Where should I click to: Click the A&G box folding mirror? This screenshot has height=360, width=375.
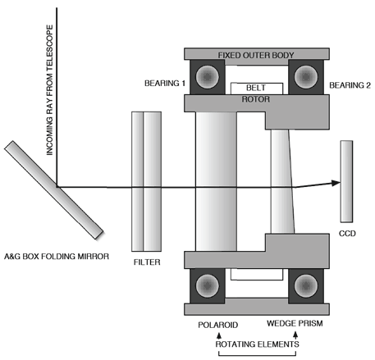pos(53,190)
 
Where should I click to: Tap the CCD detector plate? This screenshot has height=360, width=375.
pos(346,181)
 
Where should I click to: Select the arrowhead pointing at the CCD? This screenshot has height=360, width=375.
pos(336,183)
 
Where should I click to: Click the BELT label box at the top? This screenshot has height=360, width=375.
pos(257,89)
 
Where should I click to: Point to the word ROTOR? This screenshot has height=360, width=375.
pos(256,99)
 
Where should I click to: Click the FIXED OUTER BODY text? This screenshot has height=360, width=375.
pos(256,55)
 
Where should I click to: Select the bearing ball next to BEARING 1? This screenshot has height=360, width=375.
pos(208,76)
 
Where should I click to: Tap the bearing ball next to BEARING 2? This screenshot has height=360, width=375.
pos(306,76)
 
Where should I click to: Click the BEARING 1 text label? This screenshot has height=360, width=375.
pos(165,83)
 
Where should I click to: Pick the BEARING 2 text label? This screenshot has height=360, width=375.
pos(350,85)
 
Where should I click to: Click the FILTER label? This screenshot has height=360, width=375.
pos(147,262)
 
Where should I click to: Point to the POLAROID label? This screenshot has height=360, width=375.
pos(218,325)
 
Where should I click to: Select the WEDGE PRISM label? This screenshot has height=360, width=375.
pos(295,324)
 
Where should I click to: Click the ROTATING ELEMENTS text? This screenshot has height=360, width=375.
pos(258,344)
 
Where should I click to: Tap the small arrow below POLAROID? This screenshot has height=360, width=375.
pos(218,335)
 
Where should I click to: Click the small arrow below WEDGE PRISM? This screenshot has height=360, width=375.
pos(295,335)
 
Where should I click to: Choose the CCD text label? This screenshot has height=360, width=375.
pos(347,234)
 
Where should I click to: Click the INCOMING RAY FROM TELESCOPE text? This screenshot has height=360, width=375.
pos(49,90)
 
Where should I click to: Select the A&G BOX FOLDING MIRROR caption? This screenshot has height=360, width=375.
pos(57,257)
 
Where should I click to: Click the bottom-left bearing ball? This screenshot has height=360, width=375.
pos(208,285)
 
